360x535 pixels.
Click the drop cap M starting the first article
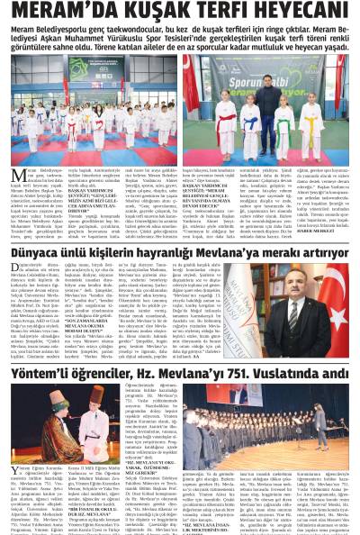16,174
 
